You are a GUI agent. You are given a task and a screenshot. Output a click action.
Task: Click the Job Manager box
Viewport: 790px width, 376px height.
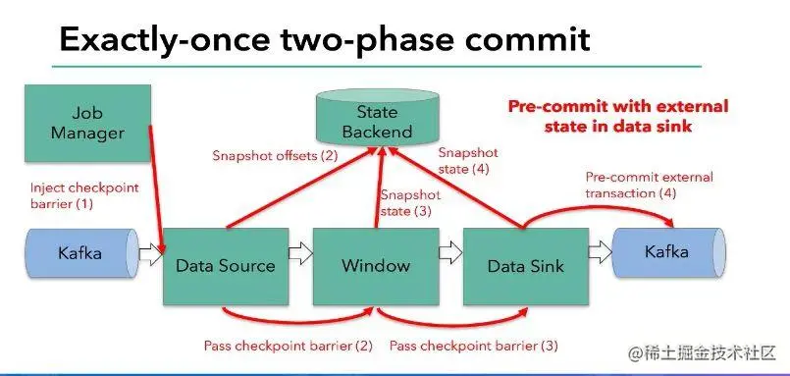pos(87,123)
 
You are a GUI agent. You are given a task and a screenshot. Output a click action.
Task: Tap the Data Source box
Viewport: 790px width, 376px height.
pos(226,266)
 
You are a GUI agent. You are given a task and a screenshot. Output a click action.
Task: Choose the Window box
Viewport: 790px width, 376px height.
pos(376,266)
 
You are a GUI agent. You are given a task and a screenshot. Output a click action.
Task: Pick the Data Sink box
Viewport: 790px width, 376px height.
pos(525,266)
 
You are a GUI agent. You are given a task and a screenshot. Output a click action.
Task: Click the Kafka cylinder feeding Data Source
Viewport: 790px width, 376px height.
pos(82,253)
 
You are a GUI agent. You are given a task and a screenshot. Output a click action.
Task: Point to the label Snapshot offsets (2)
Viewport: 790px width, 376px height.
pos(275,155)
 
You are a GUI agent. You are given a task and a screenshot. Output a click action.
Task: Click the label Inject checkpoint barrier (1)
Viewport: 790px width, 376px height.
pos(84,195)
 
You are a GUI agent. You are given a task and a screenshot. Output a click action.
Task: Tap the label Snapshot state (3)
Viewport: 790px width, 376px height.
pos(410,202)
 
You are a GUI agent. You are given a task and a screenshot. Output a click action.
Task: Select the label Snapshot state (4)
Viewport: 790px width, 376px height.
pos(467,160)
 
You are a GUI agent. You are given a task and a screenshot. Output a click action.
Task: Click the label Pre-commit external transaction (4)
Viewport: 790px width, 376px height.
pos(649,185)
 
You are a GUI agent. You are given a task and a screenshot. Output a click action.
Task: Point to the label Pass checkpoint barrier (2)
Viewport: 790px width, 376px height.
pos(289,346)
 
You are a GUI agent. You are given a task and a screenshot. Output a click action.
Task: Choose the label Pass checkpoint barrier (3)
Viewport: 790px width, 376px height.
pos(474,346)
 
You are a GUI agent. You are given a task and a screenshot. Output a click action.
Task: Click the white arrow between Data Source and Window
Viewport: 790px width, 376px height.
pos(300,253)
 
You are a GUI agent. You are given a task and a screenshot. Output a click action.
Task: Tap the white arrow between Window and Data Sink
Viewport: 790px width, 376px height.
pos(450,253)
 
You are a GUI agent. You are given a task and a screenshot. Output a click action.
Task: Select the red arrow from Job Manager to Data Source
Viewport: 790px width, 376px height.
pos(156,189)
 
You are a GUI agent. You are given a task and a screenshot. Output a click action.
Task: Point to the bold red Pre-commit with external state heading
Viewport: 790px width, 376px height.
pos(617,116)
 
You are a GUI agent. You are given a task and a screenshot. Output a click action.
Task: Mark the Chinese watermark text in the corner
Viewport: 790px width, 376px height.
pos(701,352)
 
